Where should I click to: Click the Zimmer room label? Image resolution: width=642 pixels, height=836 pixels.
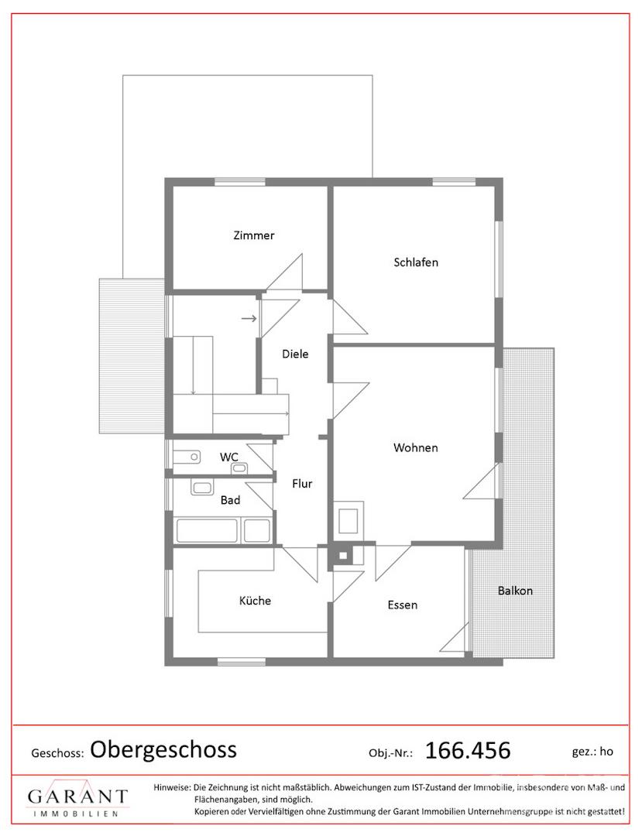point(254,235)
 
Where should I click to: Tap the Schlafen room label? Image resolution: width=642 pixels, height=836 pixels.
point(416,262)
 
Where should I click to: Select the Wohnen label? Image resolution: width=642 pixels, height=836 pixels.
point(415,448)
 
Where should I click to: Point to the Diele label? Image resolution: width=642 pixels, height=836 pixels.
point(295,354)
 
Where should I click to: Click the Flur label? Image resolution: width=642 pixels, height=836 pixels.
point(302,484)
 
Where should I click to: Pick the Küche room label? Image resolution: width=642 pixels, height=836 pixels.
point(255,601)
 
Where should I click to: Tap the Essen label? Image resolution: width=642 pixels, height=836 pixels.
point(403,605)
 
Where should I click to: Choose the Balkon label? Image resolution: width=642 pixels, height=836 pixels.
point(515,591)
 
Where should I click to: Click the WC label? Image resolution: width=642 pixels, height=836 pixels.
point(228,457)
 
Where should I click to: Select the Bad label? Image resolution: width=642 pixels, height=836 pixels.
point(230,500)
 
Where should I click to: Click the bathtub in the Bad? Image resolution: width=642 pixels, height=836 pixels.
point(207,530)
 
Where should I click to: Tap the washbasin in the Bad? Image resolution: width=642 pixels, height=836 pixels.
point(202,488)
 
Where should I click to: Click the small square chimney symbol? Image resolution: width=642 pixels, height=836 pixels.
point(343,556)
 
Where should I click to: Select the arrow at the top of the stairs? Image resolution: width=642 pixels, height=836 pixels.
point(249,319)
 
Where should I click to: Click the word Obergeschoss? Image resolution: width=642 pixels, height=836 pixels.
point(163,749)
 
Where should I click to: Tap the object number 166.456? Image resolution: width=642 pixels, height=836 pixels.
point(468,751)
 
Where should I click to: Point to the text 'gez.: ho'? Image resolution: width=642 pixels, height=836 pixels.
point(592,752)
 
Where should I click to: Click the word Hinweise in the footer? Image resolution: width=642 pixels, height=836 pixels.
point(172,787)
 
